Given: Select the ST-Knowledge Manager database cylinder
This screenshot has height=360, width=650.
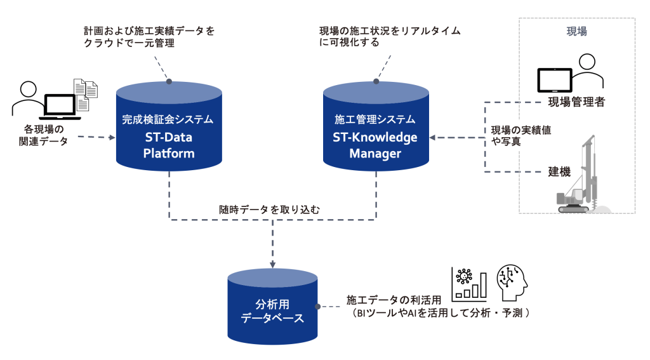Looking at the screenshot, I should pyautogui.click(x=375, y=130).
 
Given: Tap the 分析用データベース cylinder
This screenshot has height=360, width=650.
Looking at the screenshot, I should pyautogui.click(x=272, y=305).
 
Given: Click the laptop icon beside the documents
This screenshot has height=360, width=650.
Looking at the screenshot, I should pyautogui.click(x=60, y=105).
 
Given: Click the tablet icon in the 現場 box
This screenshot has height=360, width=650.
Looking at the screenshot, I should pyautogui.click(x=555, y=79).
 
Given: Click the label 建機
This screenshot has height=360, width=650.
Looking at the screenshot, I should pyautogui.click(x=559, y=171).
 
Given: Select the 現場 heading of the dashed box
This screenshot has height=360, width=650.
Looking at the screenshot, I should pyautogui.click(x=576, y=31).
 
